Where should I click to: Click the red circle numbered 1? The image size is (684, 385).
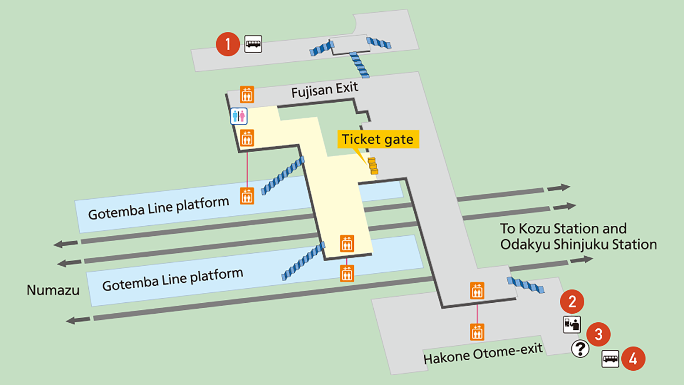(228, 44)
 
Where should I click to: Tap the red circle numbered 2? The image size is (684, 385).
(572, 302)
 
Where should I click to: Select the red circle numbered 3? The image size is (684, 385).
(598, 334)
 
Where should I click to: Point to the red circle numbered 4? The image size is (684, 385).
(633, 358)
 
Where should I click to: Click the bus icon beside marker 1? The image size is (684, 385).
(253, 44)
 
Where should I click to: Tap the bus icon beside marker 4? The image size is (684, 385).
(610, 359)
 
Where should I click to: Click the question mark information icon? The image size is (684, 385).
(580, 349)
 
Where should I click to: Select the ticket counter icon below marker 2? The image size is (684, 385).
(571, 324)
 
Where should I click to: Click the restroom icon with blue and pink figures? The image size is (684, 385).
(239, 116)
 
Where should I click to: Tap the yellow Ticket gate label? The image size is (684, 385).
(378, 139)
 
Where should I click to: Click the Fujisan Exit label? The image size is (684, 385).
(325, 89)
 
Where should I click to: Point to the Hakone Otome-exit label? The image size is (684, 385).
(483, 354)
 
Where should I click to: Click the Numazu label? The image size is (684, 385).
(53, 290)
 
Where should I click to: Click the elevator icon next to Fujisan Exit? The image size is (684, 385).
(247, 94)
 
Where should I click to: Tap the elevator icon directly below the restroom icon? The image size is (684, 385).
(247, 138)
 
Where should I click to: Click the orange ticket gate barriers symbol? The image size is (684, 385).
(373, 166)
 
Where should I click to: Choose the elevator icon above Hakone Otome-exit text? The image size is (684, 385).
(477, 332)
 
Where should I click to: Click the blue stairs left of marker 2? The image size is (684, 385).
(526, 285)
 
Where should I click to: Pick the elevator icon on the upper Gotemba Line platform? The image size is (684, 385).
(247, 196)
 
